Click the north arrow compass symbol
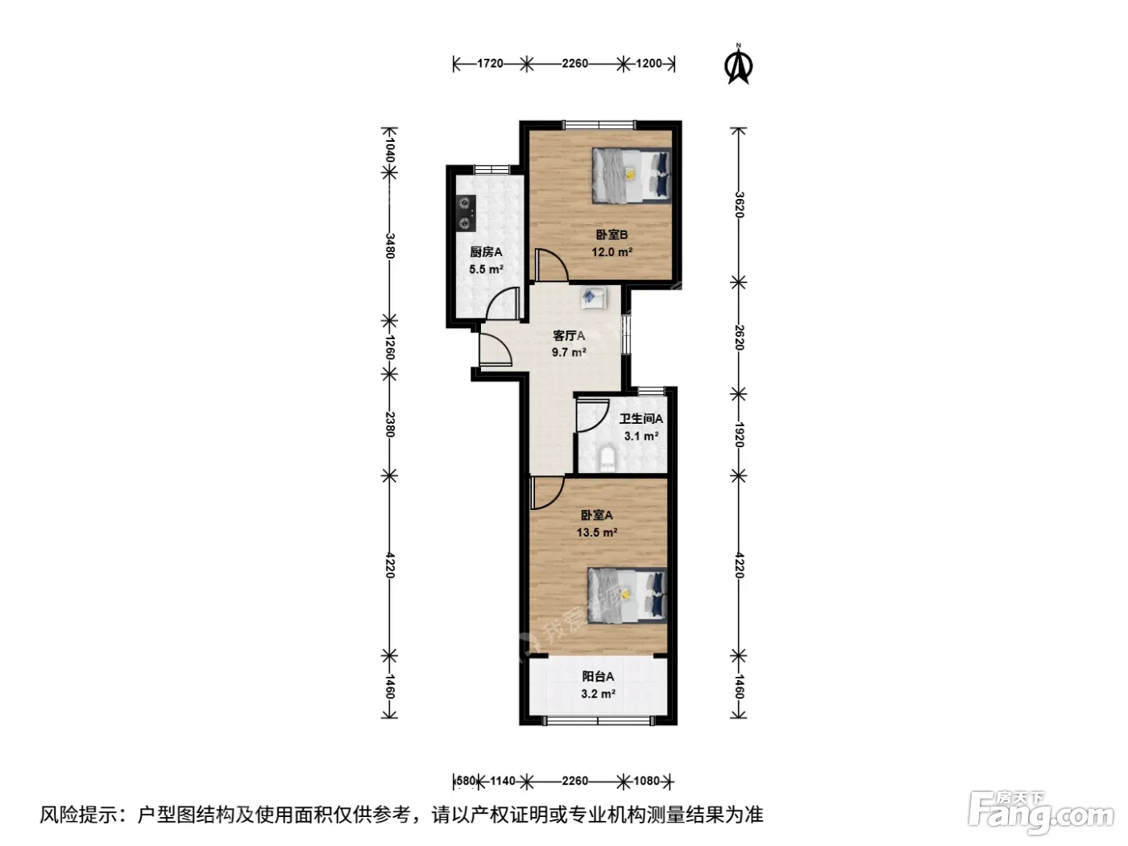click(x=739, y=64)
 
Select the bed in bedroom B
click(x=632, y=176)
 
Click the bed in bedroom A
click(x=627, y=595)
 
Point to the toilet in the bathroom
click(x=608, y=459)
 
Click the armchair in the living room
click(x=594, y=297)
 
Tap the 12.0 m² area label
click(x=612, y=252)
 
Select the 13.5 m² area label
click(x=597, y=532)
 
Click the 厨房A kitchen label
click(x=486, y=251)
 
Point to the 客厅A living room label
click(x=569, y=335)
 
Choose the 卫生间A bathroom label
click(x=641, y=419)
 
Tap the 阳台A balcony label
click(x=598, y=677)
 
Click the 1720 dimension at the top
click(x=490, y=63)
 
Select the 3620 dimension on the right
click(x=739, y=205)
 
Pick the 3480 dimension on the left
click(x=389, y=246)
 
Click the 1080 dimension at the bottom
click(x=646, y=781)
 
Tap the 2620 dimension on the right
click(x=739, y=338)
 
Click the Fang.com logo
click(x=1041, y=813)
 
